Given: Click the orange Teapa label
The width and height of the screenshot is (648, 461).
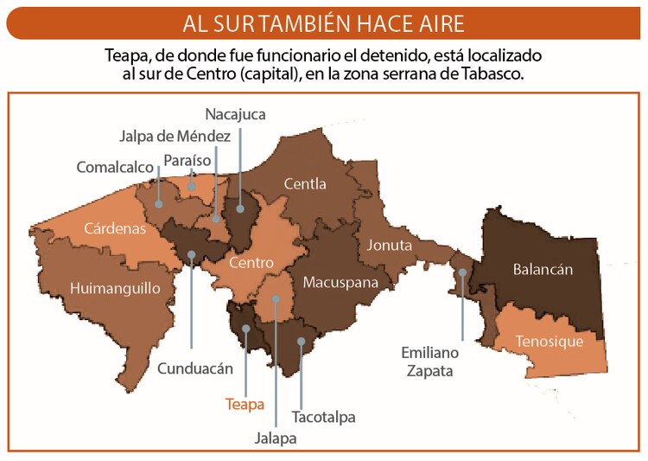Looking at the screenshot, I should tap(245, 404).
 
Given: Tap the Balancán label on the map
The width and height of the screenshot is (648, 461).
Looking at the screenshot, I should tap(543, 269).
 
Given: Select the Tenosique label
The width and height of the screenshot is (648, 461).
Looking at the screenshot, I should tap(549, 341).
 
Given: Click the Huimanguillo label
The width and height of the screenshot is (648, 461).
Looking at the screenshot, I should tap(115, 287).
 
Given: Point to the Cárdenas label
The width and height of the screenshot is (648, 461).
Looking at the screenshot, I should tap(115, 229).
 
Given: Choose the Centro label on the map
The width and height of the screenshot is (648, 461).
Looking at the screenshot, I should tap(251, 262).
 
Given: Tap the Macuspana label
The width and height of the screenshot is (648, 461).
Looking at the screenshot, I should tap(340, 282).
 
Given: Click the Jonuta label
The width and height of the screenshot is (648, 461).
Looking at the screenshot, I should tap(389, 245).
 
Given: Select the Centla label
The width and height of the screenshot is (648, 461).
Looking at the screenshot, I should tap(305, 183).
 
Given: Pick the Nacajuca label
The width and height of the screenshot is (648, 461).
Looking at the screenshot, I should tap(235, 113).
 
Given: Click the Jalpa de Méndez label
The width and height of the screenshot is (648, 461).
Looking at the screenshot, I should tap(175, 136).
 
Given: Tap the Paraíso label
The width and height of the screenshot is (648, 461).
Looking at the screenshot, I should tap(187, 160).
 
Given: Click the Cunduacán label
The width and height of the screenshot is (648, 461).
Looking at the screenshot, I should tap(195, 368).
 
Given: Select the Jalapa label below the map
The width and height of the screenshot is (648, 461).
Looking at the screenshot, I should tap(276, 438).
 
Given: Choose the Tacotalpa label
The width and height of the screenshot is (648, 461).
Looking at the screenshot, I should tap(324, 417).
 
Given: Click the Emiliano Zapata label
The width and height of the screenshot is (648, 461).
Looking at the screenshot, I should tap(429, 362).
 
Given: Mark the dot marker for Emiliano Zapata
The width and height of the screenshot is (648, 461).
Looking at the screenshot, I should tap(463, 272).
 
